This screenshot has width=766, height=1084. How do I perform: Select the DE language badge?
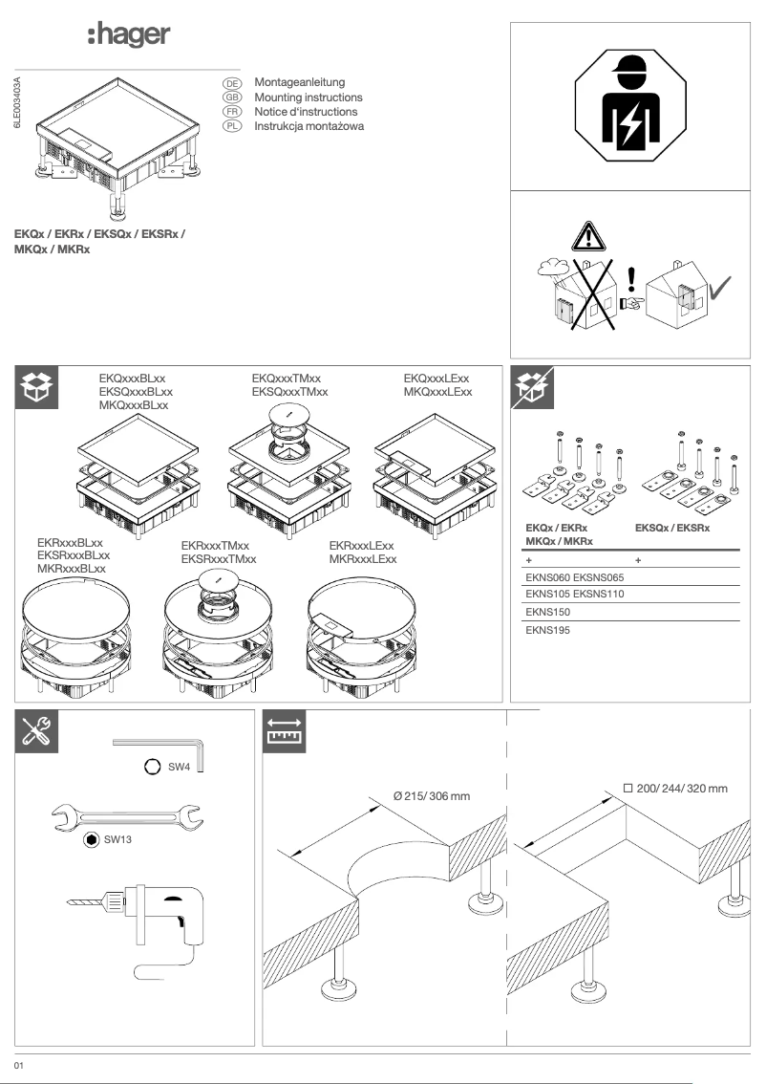tap(229, 84)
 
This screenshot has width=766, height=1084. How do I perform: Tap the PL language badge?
tap(229, 126)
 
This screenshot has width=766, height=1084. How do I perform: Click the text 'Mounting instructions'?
tap(308, 98)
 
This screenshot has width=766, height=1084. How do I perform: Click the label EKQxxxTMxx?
tap(286, 379)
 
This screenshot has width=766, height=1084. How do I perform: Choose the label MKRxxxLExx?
tap(362, 558)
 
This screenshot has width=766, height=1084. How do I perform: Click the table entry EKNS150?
tap(548, 612)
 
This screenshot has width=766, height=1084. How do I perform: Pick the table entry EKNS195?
tap(548, 630)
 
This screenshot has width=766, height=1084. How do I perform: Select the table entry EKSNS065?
tap(598, 577)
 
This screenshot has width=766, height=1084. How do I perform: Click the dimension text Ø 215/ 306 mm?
tap(432, 796)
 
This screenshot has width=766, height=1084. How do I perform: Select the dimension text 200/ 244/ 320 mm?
tap(682, 789)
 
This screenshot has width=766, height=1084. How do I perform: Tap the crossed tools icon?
tap(40, 731)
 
